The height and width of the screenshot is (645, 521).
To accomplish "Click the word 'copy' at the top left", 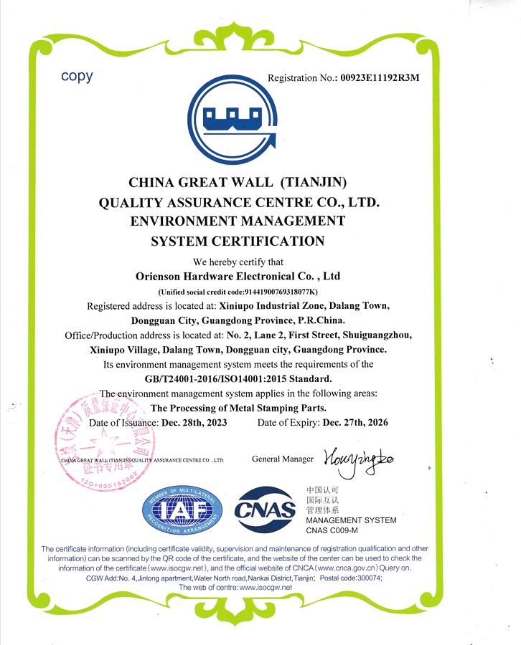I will [77, 76].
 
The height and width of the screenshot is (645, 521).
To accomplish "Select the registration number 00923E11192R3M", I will [380, 78].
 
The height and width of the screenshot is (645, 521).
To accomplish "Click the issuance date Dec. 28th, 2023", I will [194, 423].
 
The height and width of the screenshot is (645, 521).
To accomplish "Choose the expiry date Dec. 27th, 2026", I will [355, 423].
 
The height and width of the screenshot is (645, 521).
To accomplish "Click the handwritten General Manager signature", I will [358, 456].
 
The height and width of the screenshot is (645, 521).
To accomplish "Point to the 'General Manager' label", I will [283, 459].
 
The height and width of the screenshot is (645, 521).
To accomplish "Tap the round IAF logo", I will [183, 510].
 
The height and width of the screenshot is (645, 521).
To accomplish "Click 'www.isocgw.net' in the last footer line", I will [266, 587].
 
